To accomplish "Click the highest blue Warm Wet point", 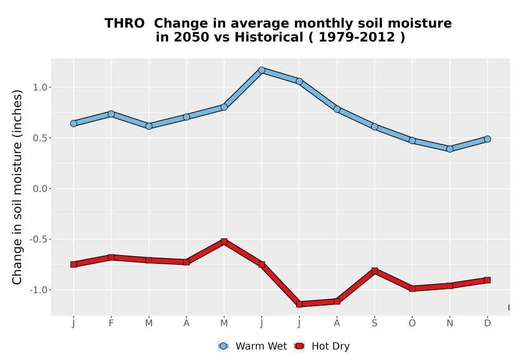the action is tap(262, 70).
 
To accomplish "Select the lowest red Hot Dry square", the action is tap(299, 304).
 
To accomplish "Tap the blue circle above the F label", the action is tap(111, 114).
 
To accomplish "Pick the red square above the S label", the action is tap(375, 271).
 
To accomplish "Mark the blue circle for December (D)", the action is tap(487, 139).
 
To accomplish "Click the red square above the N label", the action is tap(450, 285).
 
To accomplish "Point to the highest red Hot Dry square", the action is tap(224, 242).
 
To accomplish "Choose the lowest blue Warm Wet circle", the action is tap(450, 149).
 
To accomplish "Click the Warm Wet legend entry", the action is tap(252, 346).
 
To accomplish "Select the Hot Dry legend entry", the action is tap(322, 346).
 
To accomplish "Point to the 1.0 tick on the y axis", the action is tap(40, 87).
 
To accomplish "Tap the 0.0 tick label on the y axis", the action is tap(40, 189).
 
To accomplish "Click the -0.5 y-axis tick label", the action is tap(39, 239).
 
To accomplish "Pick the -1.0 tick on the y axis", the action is tap(39, 290).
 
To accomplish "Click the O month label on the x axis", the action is tap(412, 323).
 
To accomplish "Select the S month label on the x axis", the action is tap(374, 323).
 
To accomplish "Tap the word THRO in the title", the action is tap(124, 24).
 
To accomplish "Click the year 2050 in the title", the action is tap(191, 37).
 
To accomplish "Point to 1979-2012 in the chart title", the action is tap(357, 37).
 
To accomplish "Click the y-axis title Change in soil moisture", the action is tap(17, 187).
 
